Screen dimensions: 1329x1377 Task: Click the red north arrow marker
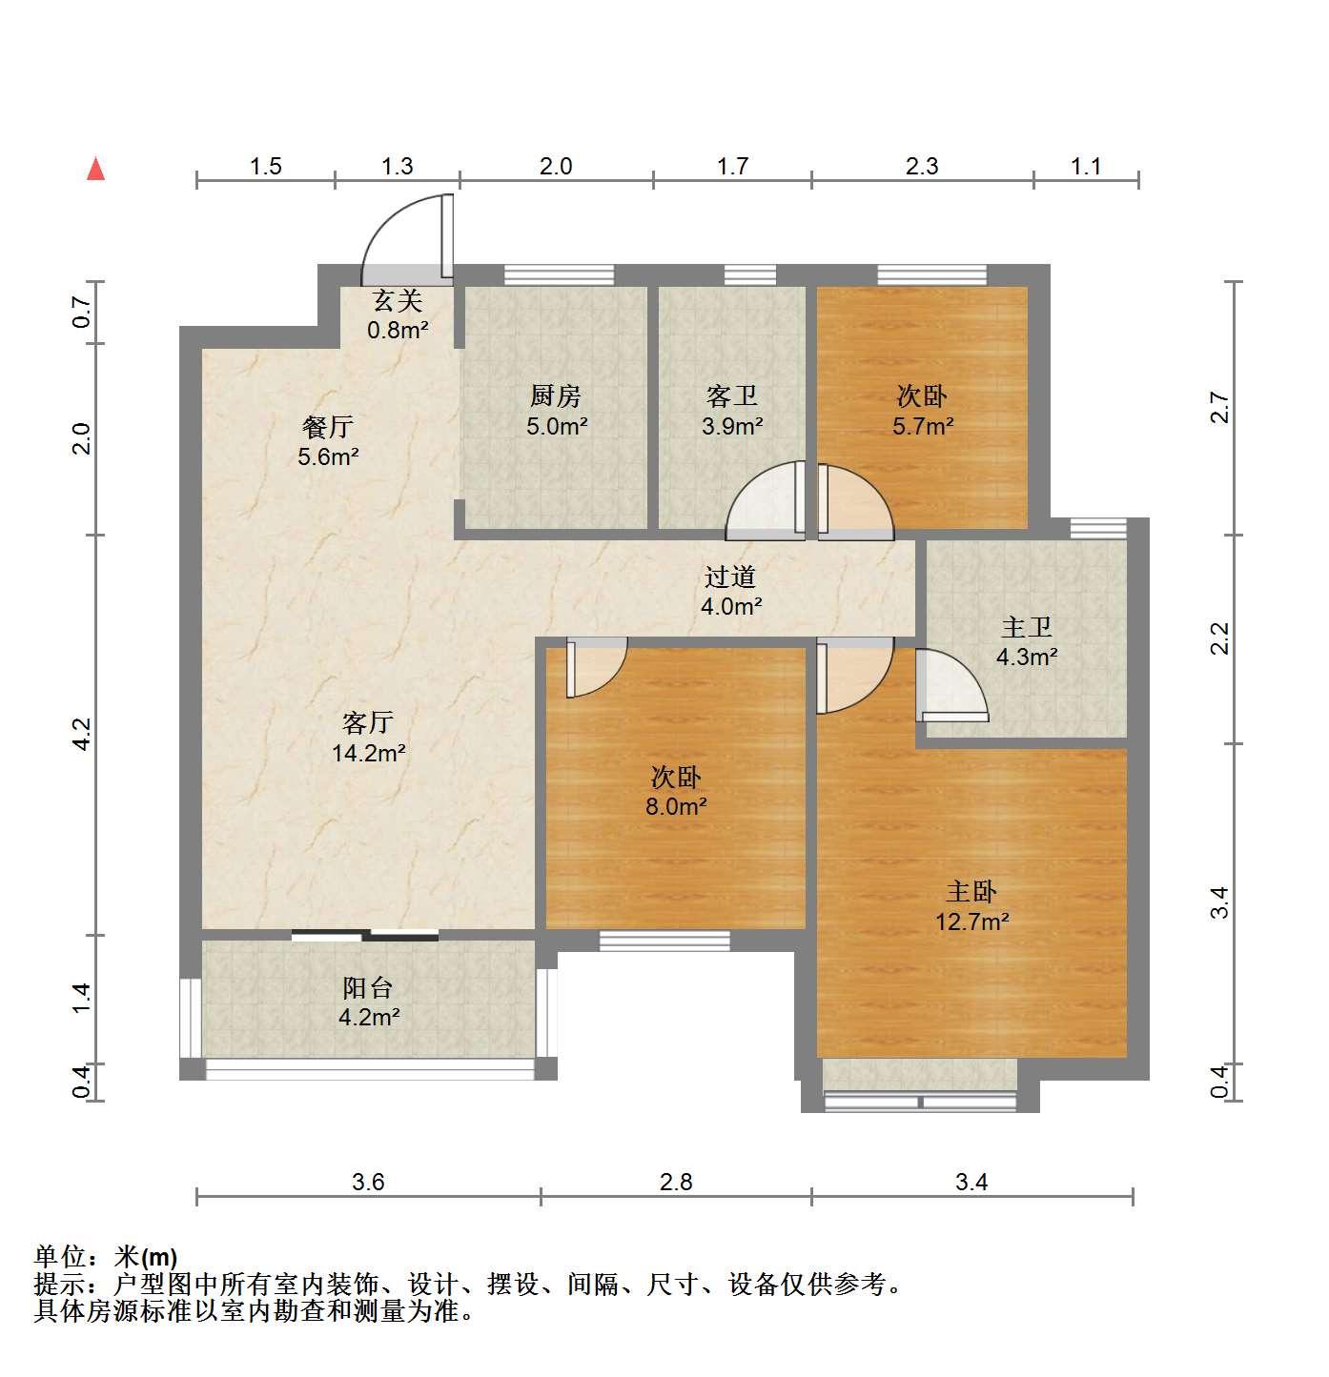tap(95, 170)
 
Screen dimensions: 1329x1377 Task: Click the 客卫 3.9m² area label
tap(731, 411)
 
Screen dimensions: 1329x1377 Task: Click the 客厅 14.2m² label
tap(368, 737)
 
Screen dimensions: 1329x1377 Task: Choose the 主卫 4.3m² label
tap(1026, 641)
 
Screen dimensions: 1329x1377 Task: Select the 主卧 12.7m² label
tap(971, 905)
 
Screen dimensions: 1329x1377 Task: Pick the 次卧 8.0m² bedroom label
tap(676, 791)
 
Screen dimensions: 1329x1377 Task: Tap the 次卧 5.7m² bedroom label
tap(922, 411)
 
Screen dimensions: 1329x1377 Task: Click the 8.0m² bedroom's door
tap(596, 666)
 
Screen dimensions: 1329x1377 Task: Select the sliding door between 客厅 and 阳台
tap(364, 935)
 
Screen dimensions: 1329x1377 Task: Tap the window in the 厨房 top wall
tap(559, 274)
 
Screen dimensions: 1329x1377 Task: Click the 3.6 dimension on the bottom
tap(368, 1181)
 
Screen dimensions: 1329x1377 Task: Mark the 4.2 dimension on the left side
tap(83, 734)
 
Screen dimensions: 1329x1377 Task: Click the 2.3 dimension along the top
tap(921, 166)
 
